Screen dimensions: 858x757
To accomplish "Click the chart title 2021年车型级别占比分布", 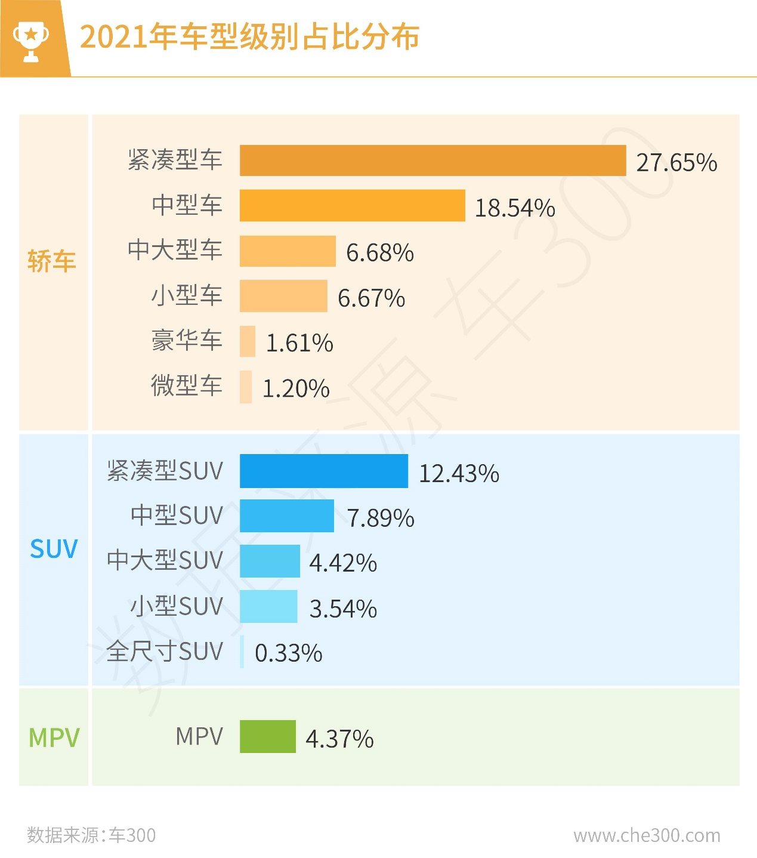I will pos(249,37).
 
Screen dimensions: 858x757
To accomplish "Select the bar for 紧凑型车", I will pos(432,161).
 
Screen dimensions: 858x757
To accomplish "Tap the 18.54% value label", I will pos(515,208).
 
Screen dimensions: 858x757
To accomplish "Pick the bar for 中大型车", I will pos(288,251).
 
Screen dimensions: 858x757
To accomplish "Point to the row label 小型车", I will pos(187,295).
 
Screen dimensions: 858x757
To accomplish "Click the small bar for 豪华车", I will pos(248,341).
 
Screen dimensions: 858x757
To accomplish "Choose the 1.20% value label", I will pos(296,388).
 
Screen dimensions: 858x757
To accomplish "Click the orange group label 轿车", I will pos(52,261).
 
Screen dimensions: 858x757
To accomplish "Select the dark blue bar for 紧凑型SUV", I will pos(324,471).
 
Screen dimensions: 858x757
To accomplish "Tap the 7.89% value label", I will pos(381,518).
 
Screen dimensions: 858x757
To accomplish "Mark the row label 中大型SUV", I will pos(165,560).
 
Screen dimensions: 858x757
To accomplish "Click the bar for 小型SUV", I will pos(268,606).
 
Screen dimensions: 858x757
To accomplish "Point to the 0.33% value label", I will pos(288,653).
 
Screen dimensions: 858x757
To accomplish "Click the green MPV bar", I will pos(268,736).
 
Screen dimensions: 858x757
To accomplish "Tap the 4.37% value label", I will pos(339,739).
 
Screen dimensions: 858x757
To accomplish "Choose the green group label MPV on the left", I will pos(54,738).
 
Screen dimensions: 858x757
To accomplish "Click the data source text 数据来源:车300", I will pos(91,835).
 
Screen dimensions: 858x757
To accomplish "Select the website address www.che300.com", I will pos(647,835).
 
